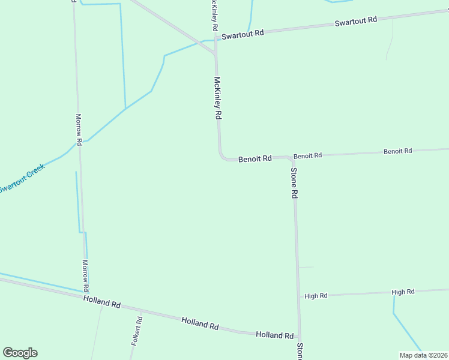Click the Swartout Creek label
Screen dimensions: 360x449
tap(22, 178)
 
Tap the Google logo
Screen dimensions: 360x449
tap(20, 353)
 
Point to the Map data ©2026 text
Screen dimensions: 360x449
tap(424, 355)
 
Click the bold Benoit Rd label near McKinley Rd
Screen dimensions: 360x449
tap(255, 159)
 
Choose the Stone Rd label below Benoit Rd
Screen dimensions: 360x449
tap(294, 183)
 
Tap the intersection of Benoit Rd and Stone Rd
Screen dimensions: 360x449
tap(293, 158)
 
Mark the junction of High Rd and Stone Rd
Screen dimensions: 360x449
tap(298, 296)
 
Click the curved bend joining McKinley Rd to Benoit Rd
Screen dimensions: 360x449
tap(222, 157)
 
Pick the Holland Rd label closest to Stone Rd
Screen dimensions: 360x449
tap(274, 335)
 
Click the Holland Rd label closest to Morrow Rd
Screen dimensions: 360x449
tap(102, 301)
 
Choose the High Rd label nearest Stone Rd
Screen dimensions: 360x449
tap(316, 296)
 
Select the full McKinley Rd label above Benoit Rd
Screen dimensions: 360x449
tap(218, 98)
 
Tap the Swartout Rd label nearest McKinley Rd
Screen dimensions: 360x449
tap(243, 35)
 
